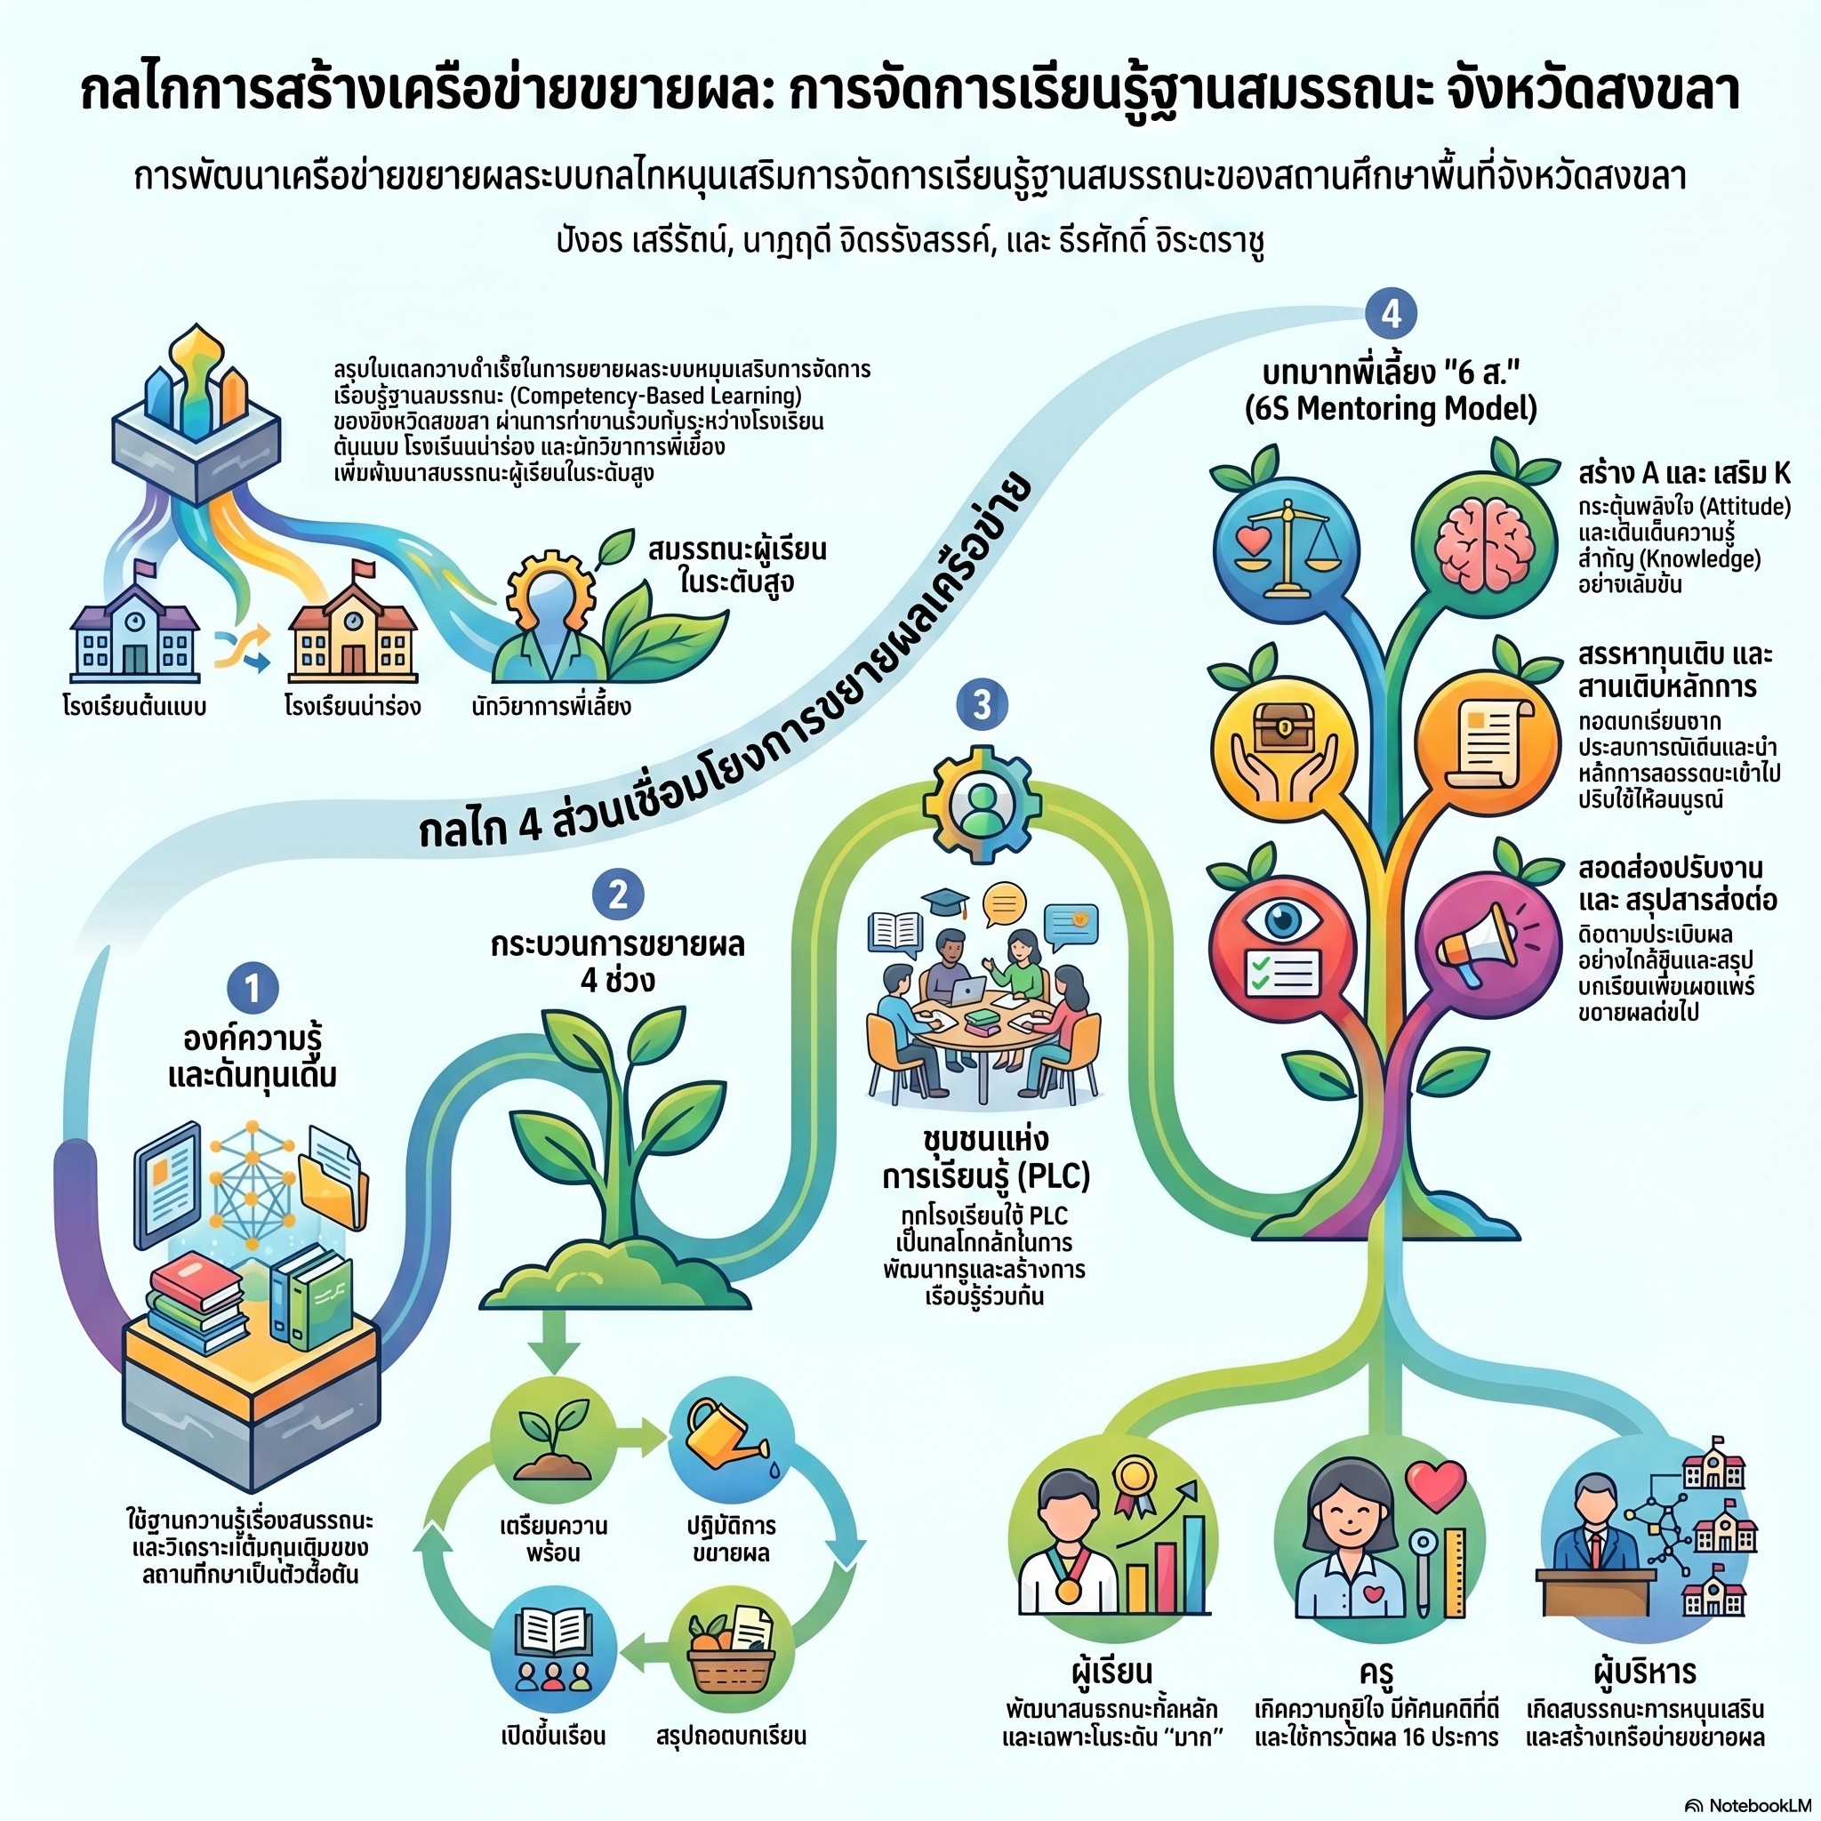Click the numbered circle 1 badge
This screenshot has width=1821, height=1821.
tap(253, 988)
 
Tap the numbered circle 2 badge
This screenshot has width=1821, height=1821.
tap(617, 894)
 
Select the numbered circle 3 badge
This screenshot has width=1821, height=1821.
tap(983, 704)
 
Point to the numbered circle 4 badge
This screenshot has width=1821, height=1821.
tap(1392, 314)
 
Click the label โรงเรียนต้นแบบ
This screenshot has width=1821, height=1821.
tap(134, 706)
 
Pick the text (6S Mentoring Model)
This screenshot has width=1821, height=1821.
tap(1392, 409)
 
